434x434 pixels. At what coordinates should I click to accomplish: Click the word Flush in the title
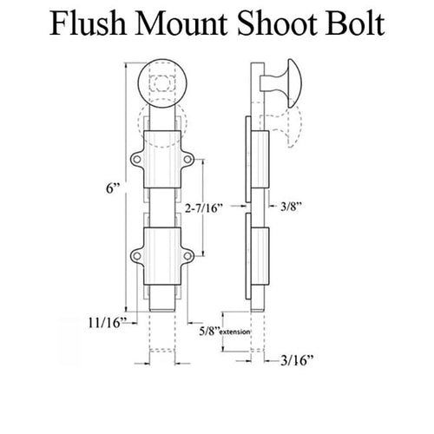(x=89, y=23)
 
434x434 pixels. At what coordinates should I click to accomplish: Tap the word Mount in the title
(x=181, y=23)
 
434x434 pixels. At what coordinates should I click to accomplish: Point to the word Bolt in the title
(x=355, y=23)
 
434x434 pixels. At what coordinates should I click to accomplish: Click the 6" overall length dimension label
(x=113, y=188)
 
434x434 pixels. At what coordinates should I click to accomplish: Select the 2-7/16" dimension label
(x=204, y=207)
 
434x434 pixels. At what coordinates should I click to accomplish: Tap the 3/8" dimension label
(x=292, y=207)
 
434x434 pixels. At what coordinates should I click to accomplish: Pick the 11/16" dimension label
(x=108, y=323)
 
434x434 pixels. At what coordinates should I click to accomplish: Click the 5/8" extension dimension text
(x=224, y=332)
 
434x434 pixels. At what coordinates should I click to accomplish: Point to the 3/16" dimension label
(x=297, y=360)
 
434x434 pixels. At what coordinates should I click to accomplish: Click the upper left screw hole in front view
(x=136, y=159)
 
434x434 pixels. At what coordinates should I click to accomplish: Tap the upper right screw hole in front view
(x=187, y=159)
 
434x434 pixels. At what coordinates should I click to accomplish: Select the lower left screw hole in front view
(x=136, y=256)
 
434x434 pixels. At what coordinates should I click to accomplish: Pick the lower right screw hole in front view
(x=187, y=256)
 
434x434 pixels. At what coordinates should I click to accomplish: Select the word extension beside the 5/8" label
(x=235, y=332)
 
